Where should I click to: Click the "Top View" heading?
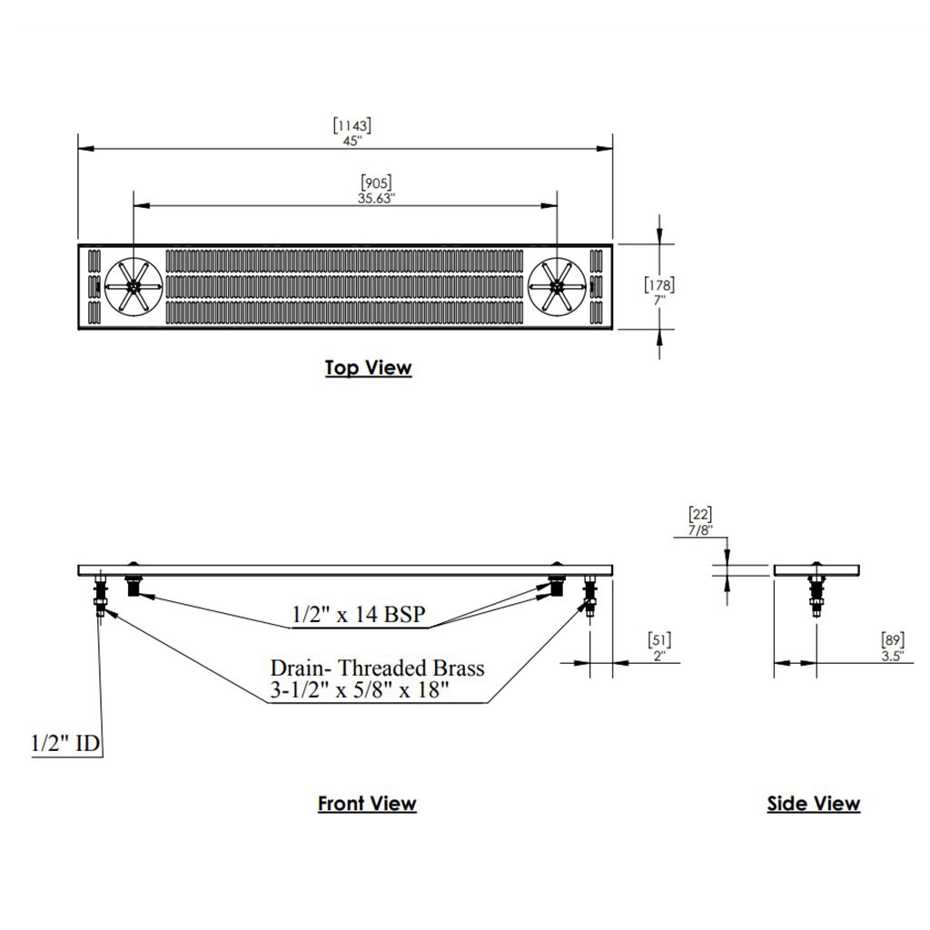369,368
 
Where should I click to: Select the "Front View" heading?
367,804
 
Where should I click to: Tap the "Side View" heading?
814,804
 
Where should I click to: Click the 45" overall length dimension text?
352,141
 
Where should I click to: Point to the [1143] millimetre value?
352,125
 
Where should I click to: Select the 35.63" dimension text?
376,198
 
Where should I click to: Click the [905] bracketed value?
376,183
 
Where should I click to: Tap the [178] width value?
659,284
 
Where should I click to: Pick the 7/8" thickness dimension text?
700,530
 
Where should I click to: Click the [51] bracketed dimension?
659,640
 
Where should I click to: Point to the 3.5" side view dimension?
893,656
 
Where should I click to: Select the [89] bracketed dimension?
893,640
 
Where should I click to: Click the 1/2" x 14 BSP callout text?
359,615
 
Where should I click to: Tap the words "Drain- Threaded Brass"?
377,668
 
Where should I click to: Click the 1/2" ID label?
65,743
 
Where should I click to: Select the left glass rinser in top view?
134,286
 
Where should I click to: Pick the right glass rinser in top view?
557,286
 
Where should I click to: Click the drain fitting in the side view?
816,595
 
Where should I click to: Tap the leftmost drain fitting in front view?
99,595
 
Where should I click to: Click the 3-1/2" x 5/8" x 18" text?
360,690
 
